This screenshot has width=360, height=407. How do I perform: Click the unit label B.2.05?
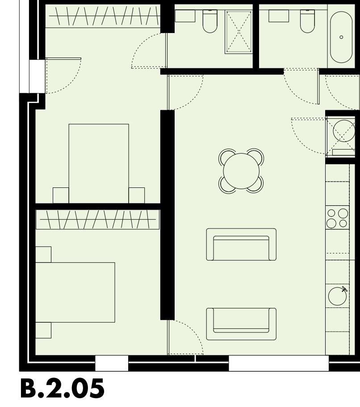click(x=63, y=389)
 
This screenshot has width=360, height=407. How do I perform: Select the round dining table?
click(x=241, y=171)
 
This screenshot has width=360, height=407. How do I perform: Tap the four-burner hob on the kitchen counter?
click(x=337, y=218)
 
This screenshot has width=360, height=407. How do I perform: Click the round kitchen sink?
click(x=337, y=296)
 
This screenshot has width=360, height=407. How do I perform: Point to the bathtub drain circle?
click(x=342, y=37)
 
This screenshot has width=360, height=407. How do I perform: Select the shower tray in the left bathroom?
click(x=238, y=31)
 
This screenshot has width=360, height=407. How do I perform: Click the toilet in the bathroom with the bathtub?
click(x=307, y=21)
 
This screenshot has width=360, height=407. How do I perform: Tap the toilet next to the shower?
click(x=210, y=21)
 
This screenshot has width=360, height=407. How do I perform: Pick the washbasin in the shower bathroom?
click(x=184, y=16)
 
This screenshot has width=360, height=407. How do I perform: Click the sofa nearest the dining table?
click(x=241, y=245)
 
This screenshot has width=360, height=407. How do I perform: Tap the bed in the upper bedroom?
click(x=99, y=163)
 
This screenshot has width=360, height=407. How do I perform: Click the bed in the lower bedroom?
click(x=75, y=292)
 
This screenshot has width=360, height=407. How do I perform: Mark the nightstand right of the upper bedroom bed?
click(x=137, y=195)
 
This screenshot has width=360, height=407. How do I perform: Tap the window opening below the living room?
click(x=279, y=363)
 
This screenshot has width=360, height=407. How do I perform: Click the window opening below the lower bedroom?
click(x=112, y=363)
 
